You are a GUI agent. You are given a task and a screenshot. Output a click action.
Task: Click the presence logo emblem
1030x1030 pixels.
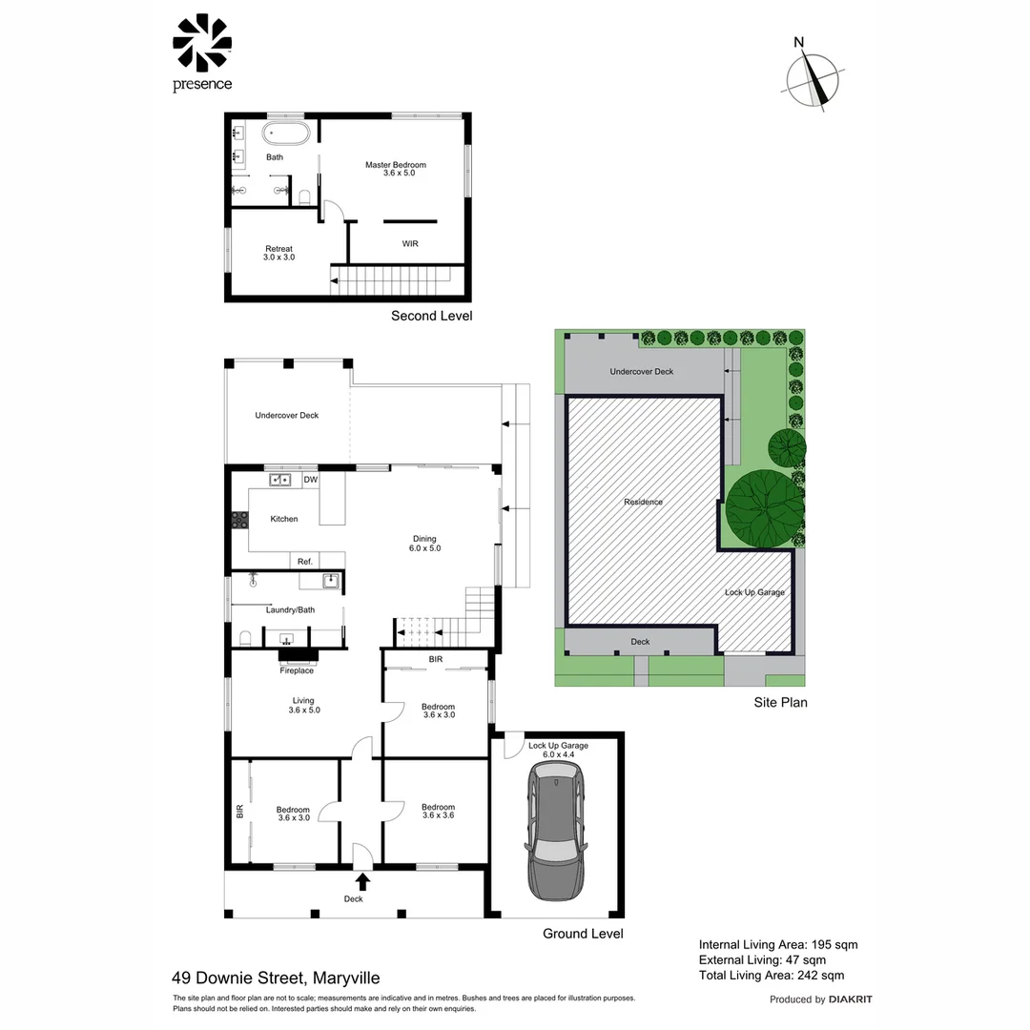coord(202,43)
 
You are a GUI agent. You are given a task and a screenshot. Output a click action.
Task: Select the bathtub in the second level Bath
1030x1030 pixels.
coord(286,134)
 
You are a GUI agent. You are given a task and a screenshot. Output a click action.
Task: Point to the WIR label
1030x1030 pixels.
coord(410,244)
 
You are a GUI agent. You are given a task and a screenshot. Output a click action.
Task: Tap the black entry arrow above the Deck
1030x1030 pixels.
coord(362,881)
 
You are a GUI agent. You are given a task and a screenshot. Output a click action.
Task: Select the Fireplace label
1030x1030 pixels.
coord(297,670)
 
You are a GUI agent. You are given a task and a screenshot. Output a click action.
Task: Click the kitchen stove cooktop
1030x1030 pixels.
coord(238,521)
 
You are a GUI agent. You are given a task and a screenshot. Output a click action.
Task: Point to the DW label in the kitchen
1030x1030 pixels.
coord(310,481)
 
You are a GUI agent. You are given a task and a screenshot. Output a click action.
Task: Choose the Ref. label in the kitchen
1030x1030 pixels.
coord(305,562)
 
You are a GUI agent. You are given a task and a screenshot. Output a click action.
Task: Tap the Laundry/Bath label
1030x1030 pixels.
coord(290,609)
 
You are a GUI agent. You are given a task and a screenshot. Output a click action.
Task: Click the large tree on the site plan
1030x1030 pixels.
coord(764,510)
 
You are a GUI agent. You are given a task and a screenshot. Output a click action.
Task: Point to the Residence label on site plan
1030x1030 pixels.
coord(643,502)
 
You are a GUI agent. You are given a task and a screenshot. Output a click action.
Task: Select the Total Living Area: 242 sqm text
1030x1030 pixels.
coord(772,975)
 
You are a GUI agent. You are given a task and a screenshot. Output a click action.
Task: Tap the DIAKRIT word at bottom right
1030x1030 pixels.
coord(851,999)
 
